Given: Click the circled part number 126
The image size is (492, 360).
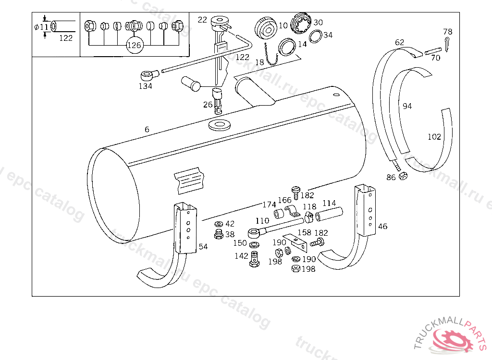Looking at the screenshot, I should (x=134, y=45).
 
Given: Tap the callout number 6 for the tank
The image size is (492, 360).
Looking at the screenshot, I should (x=147, y=129).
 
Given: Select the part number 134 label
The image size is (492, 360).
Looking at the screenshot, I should (x=146, y=86).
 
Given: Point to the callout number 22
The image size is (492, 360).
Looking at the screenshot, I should (x=202, y=20).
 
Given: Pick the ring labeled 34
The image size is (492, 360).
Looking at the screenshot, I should (x=316, y=36).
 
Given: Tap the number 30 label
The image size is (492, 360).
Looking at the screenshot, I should (x=319, y=23).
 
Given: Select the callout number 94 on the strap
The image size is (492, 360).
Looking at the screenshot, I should (x=407, y=106).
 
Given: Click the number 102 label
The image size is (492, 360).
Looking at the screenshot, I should (x=434, y=137).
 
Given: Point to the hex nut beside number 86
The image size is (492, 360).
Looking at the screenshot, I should (x=404, y=176).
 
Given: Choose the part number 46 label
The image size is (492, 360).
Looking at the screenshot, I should (x=382, y=227).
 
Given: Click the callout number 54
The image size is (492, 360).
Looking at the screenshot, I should (x=203, y=247).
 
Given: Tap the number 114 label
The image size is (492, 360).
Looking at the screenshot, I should (x=329, y=204).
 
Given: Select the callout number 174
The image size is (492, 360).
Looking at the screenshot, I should (x=269, y=205).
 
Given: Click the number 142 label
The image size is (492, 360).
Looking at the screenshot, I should (x=241, y=256).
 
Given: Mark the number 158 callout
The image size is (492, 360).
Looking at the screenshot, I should (x=305, y=233).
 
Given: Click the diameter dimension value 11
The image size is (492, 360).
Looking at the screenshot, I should (x=44, y=27).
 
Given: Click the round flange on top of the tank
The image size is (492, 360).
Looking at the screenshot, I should (x=220, y=126).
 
